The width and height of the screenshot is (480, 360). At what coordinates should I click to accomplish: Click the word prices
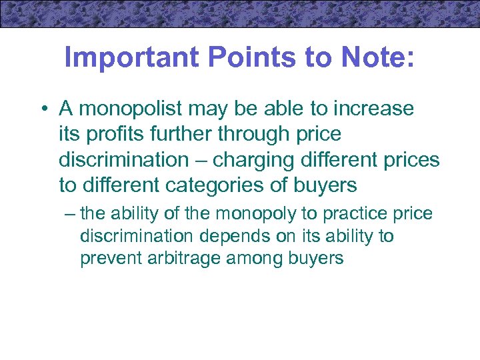[409, 160]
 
